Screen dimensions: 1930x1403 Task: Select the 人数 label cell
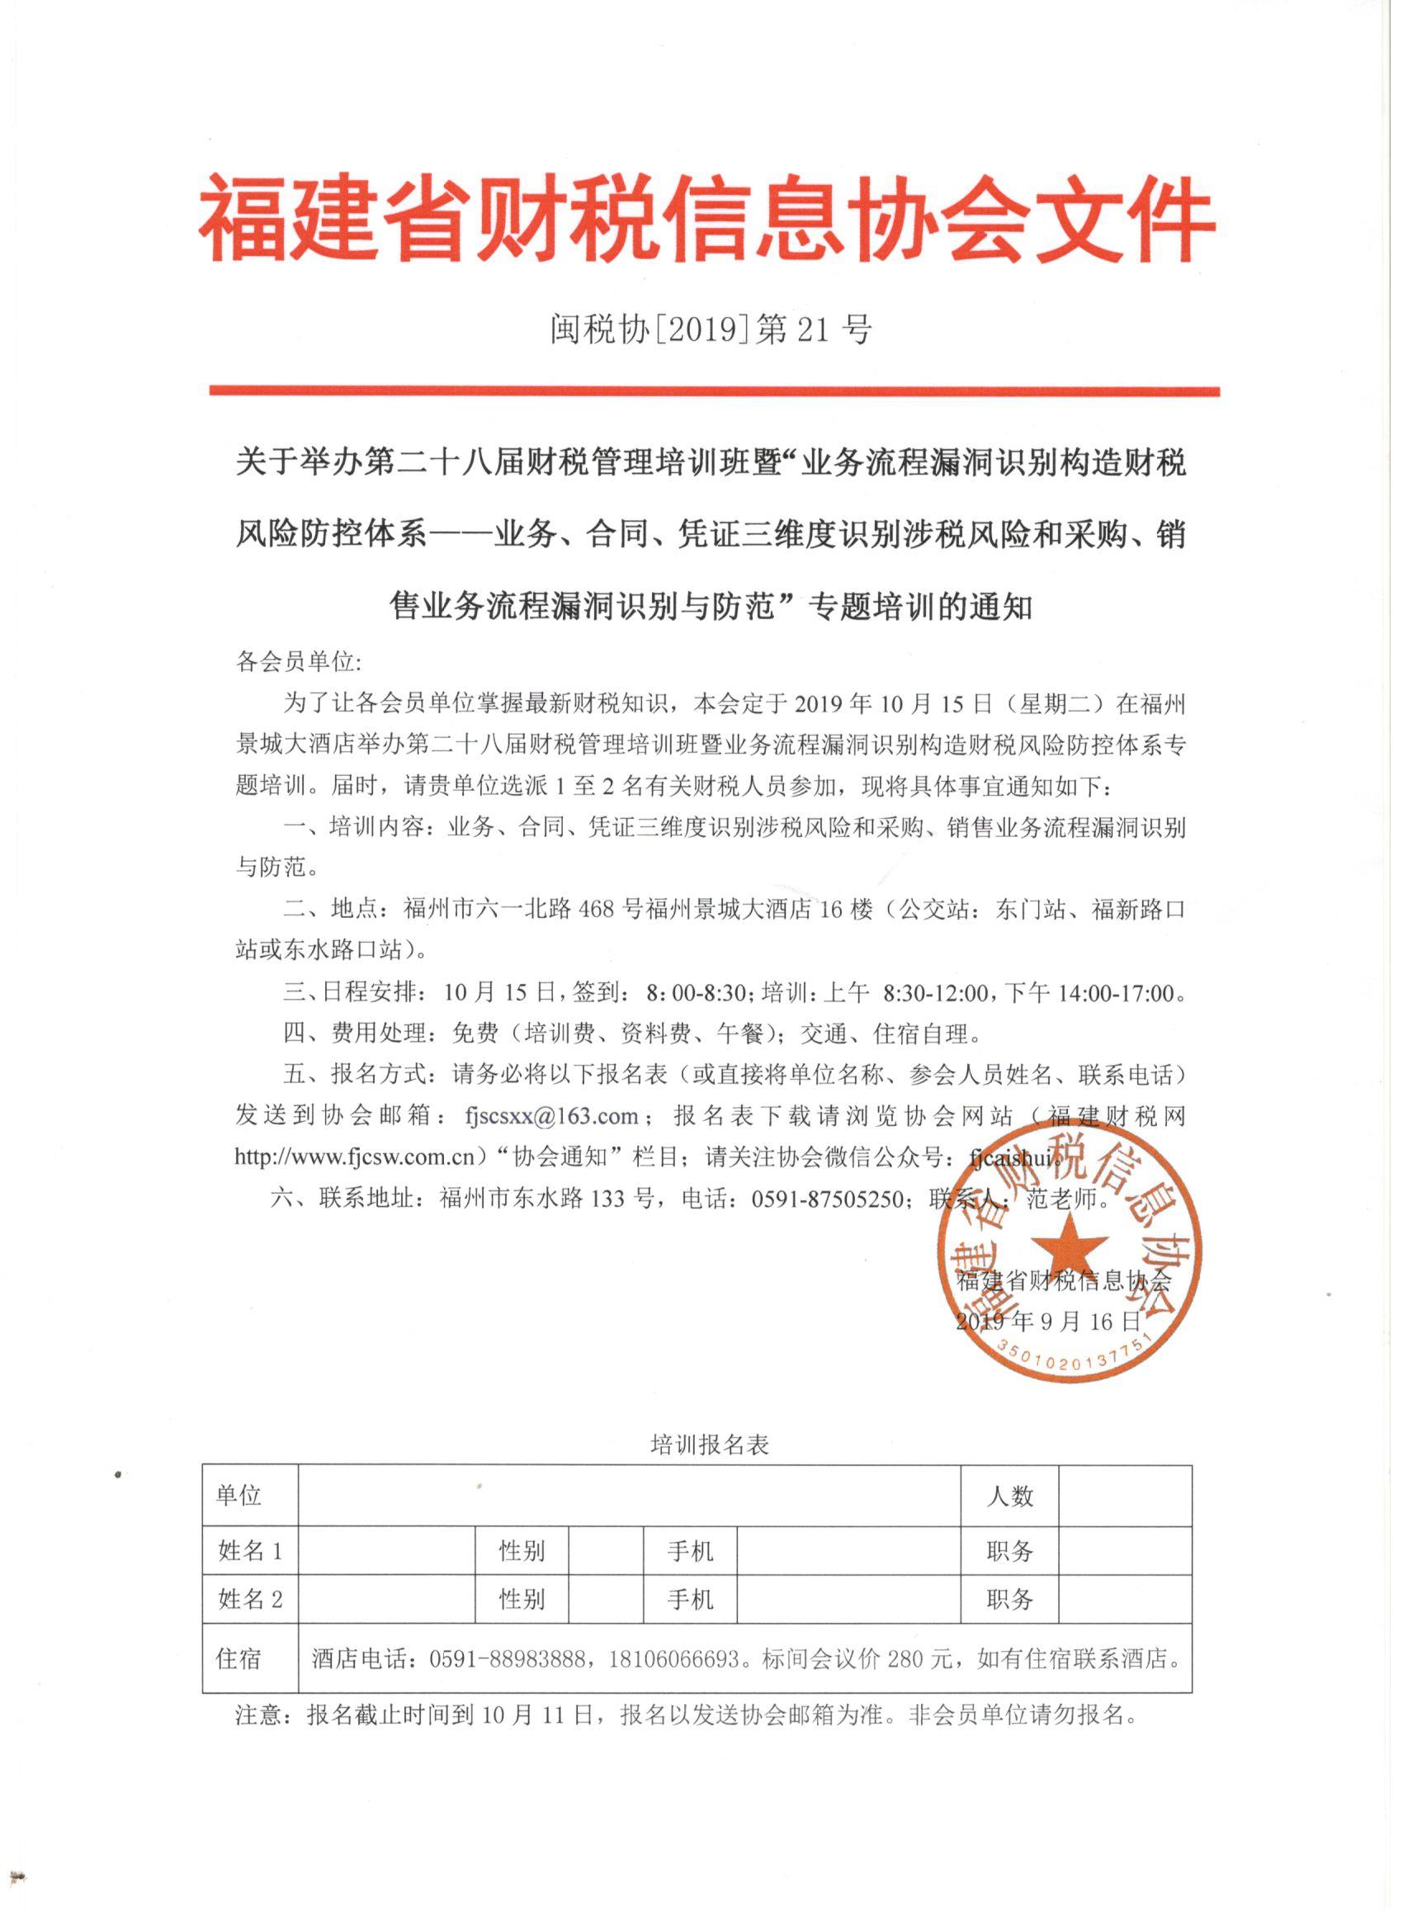point(1010,1496)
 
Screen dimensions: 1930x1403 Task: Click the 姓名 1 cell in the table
point(250,1551)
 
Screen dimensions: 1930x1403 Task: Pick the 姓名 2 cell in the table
point(250,1600)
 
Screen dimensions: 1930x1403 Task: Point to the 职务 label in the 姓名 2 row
point(1010,1600)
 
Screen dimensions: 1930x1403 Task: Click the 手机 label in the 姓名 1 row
point(690,1551)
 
